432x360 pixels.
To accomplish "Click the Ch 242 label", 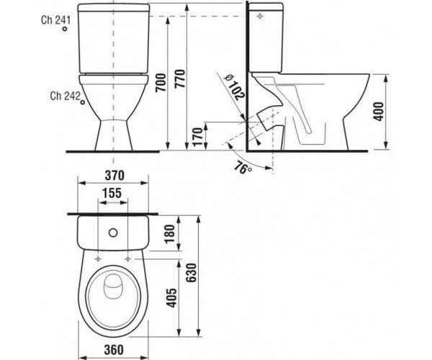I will (x=65, y=94).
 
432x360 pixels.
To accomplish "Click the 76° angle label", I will (x=243, y=166).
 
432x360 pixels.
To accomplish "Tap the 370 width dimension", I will (x=115, y=174).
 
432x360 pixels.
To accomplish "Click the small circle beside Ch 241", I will (x=66, y=33).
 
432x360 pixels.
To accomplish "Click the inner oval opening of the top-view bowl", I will (x=113, y=297).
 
